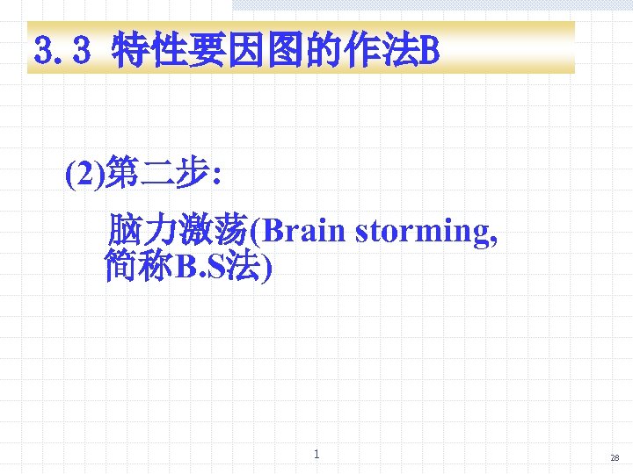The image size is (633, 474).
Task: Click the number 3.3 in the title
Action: point(62,51)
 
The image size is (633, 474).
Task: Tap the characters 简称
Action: point(139,265)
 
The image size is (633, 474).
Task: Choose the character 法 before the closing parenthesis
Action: point(243,265)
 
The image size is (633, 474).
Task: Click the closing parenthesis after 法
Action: point(266,266)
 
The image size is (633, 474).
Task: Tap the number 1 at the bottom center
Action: point(316,454)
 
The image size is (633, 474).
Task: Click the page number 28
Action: point(615,458)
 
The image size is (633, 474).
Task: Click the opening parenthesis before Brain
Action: point(254,231)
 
